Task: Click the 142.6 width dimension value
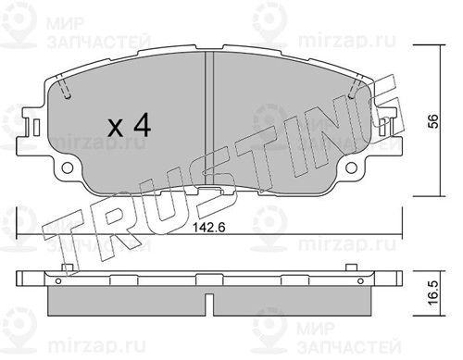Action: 209,228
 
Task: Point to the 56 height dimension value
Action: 433,121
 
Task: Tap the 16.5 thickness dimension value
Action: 433,292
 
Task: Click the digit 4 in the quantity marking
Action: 141,125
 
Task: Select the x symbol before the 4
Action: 116,129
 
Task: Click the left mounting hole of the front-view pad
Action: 68,168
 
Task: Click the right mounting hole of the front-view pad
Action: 351,168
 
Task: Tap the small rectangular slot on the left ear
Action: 36,127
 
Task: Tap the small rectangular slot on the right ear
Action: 382,127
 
